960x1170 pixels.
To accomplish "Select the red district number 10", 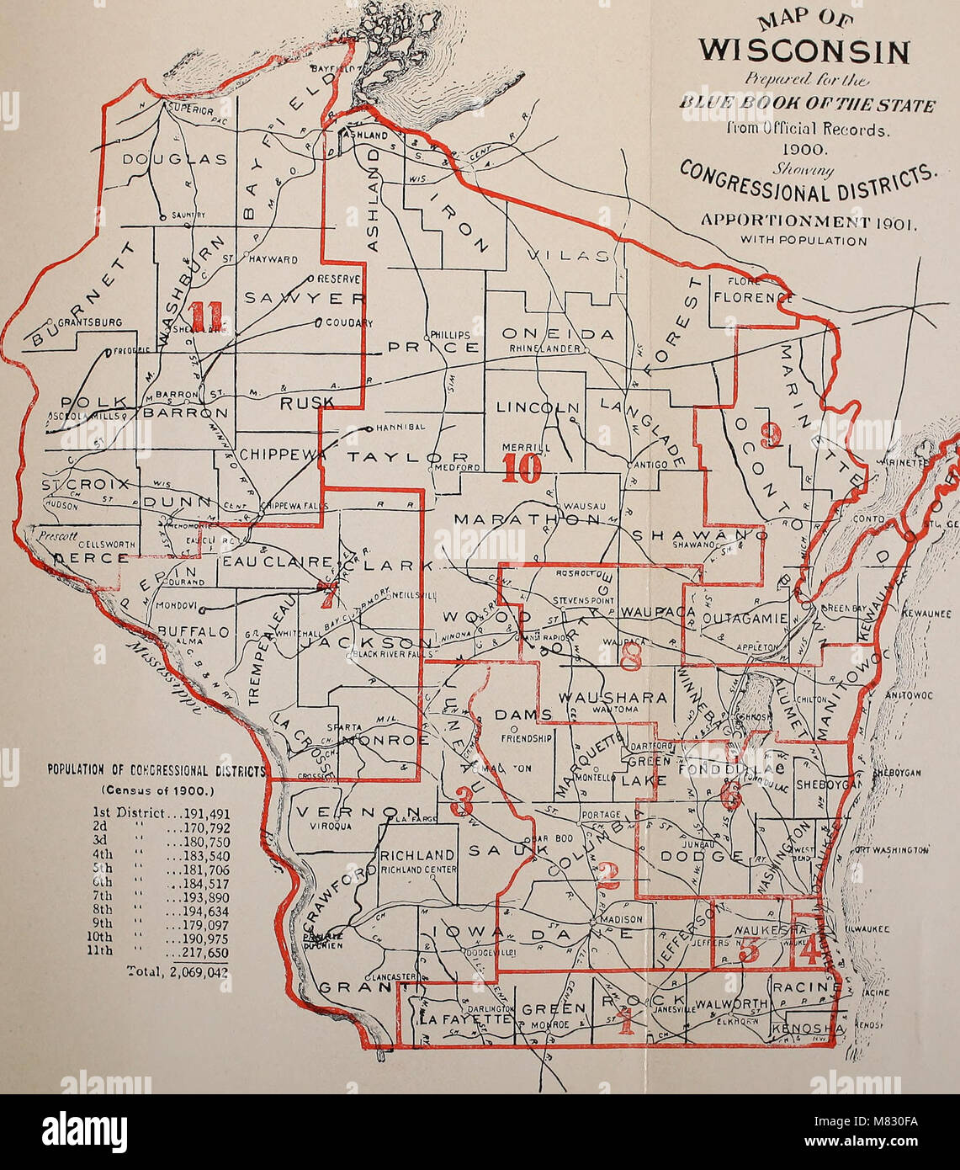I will [521, 468].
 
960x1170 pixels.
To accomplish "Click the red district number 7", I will [327, 595].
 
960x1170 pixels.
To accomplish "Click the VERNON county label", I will [338, 814].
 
